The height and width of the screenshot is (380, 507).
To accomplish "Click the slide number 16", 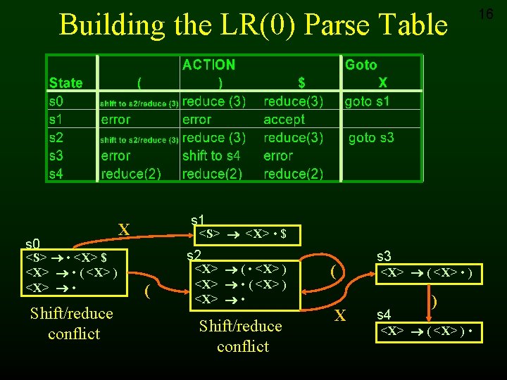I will (x=486, y=14).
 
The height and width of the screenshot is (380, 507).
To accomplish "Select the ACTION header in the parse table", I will (x=208, y=65).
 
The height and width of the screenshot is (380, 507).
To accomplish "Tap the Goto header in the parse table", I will (x=361, y=65).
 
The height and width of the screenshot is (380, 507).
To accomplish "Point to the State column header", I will (x=65, y=83).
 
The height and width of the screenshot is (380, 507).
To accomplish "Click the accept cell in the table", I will (x=284, y=120).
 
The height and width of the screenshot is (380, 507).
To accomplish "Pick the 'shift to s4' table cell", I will (x=211, y=156).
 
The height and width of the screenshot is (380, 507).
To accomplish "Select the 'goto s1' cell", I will (x=367, y=101).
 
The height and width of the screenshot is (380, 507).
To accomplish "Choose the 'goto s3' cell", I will (x=371, y=138).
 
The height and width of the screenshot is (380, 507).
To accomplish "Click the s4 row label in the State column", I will (x=56, y=174).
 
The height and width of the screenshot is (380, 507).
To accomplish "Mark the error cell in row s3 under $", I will (x=277, y=156).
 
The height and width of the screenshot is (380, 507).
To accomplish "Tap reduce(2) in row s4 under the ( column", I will (x=131, y=174).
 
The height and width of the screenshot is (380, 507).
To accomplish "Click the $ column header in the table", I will (x=301, y=83).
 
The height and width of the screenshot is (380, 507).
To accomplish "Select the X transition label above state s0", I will (x=124, y=229).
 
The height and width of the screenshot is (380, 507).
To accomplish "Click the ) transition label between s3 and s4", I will (x=434, y=301).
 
